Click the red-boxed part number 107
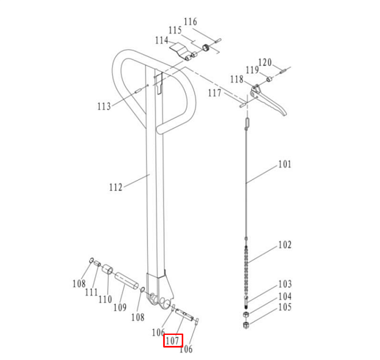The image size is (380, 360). (x=172, y=340)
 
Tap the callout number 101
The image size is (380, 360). (x=285, y=164)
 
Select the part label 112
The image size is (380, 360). (x=116, y=187)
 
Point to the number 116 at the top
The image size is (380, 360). (x=190, y=22)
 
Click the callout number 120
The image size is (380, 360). (x=265, y=62)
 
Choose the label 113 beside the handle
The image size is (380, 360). (x=104, y=107)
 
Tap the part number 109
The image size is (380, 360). (x=120, y=307)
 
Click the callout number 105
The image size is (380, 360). (x=285, y=307)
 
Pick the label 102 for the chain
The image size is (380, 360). (x=285, y=245)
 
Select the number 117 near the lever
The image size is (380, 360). (x=215, y=93)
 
